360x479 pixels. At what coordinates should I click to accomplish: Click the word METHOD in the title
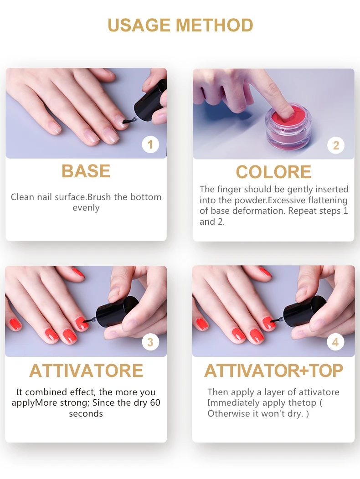(x=214, y=26)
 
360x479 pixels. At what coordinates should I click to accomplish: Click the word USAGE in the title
(x=139, y=26)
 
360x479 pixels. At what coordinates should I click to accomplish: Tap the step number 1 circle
(x=150, y=144)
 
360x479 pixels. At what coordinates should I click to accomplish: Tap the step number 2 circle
(x=336, y=145)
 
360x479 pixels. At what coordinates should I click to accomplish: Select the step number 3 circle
(x=150, y=342)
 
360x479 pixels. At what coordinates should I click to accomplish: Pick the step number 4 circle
(x=335, y=342)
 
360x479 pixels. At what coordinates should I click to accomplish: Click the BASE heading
(x=86, y=171)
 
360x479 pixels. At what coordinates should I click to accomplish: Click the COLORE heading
(x=273, y=172)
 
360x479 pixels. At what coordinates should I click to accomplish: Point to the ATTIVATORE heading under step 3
(x=86, y=371)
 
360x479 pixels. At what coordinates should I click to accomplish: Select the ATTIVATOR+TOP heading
(x=273, y=371)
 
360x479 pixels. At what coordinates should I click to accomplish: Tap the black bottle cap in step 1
(x=151, y=101)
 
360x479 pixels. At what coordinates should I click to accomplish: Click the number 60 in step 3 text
(x=155, y=402)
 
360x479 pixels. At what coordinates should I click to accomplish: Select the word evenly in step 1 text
(x=86, y=208)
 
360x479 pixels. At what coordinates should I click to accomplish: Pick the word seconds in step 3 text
(x=86, y=414)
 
